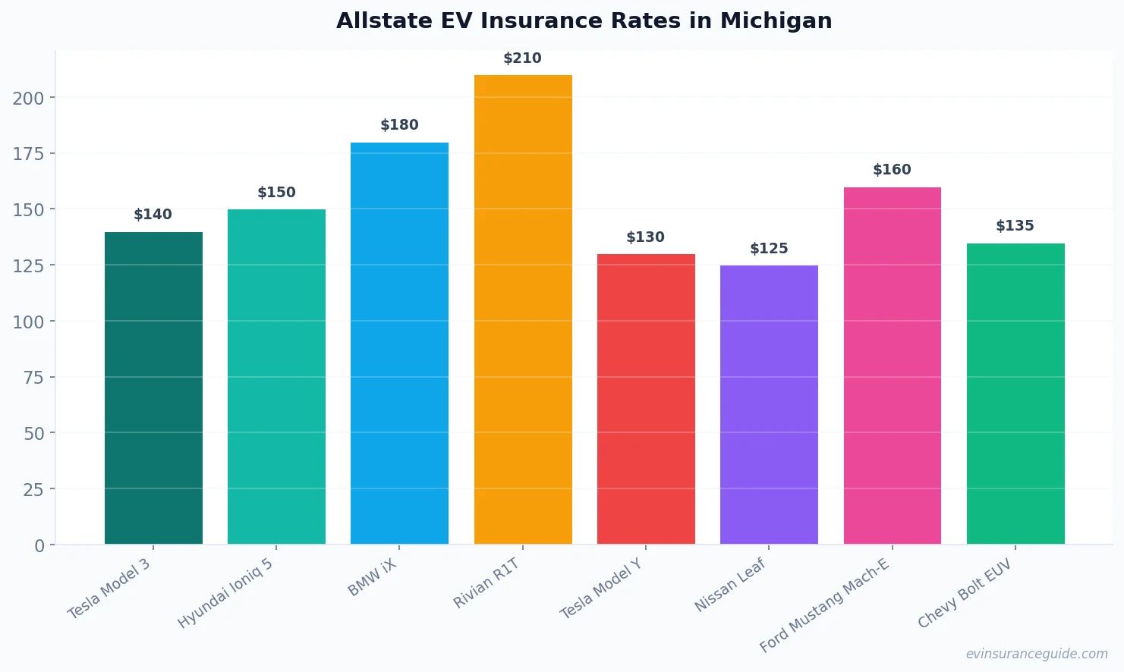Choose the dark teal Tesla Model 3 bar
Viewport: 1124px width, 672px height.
pos(153,388)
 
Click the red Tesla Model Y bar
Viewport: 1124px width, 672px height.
pos(646,399)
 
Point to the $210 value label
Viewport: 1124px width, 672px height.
pos(522,58)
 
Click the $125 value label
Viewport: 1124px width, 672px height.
pos(769,249)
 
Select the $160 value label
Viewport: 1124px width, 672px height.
pos(892,170)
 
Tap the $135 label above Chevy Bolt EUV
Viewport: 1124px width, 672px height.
pos(1015,226)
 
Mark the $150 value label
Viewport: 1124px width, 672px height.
pos(276,193)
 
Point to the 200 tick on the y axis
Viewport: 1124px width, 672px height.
pos(28,98)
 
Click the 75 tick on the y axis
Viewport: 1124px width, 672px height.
pos(33,377)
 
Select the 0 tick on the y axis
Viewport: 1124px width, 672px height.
pos(39,545)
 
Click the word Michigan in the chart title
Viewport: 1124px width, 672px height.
pos(776,20)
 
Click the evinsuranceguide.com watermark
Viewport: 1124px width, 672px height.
pos(1037,654)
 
